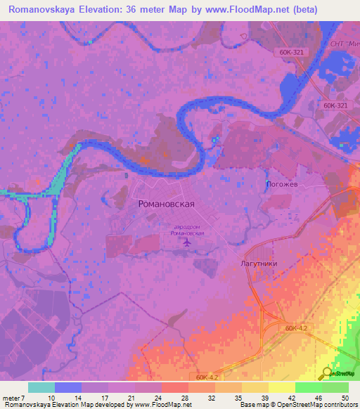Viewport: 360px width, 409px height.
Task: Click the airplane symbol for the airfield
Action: click(x=186, y=243)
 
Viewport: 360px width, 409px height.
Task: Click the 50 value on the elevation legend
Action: click(x=344, y=397)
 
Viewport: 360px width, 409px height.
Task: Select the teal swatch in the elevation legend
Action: click(x=41, y=387)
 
